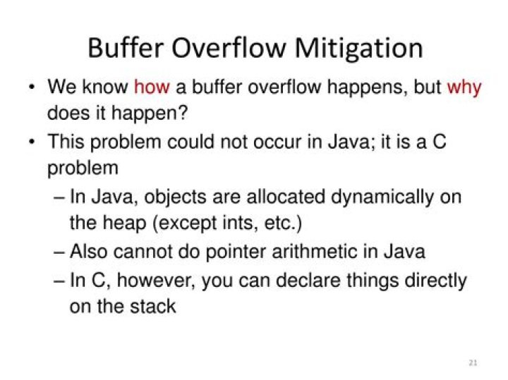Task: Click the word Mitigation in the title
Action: [358, 48]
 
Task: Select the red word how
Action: [151, 88]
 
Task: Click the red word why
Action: [464, 88]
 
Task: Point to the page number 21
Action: [473, 363]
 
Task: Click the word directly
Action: [435, 280]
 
